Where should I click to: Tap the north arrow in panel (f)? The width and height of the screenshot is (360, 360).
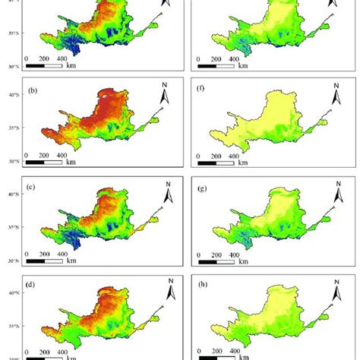[x=335, y=96]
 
